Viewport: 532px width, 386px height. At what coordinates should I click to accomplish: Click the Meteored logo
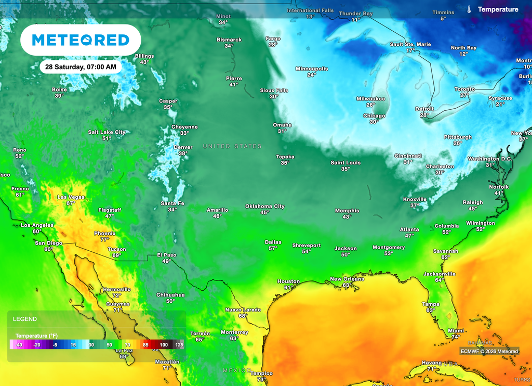81,40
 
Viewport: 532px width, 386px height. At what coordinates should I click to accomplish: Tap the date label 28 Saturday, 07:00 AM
81,67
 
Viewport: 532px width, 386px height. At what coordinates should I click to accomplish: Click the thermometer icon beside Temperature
469,9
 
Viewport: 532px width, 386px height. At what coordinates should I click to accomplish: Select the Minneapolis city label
312,69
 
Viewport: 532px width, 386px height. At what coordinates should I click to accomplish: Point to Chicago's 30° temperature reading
374,122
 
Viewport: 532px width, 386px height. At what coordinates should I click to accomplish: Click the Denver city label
183,147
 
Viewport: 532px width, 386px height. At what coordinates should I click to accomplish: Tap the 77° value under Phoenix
104,240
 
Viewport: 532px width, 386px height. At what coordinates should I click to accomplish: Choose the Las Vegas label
71,197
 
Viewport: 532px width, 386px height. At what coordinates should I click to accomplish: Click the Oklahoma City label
265,206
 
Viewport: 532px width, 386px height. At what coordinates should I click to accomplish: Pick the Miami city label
456,330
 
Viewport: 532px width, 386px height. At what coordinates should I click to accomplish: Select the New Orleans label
347,279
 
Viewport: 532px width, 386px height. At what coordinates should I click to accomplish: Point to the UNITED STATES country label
232,146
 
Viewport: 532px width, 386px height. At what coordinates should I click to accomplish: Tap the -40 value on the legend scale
18,344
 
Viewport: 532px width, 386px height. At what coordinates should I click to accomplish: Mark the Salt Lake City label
107,132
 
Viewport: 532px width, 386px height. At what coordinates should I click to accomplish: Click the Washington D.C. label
489,159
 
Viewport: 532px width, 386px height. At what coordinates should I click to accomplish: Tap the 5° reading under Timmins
443,19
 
